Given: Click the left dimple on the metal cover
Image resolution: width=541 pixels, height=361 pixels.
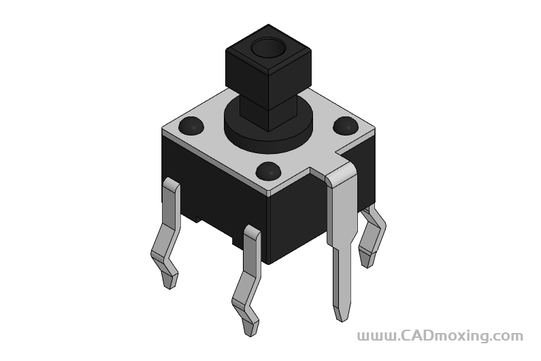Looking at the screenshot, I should [x=192, y=126].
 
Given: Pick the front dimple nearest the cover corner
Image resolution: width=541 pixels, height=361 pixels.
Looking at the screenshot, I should [x=269, y=172].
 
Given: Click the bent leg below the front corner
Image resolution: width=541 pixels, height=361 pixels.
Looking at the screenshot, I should [x=248, y=279].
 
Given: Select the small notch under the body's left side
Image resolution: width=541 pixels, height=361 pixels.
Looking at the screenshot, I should [x=197, y=219].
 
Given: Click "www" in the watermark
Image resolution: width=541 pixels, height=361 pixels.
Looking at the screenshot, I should [x=372, y=336].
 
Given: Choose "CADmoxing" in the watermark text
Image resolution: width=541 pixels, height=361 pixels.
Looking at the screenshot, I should [x=442, y=336].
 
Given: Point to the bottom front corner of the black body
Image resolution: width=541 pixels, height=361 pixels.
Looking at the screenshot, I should [x=269, y=263].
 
